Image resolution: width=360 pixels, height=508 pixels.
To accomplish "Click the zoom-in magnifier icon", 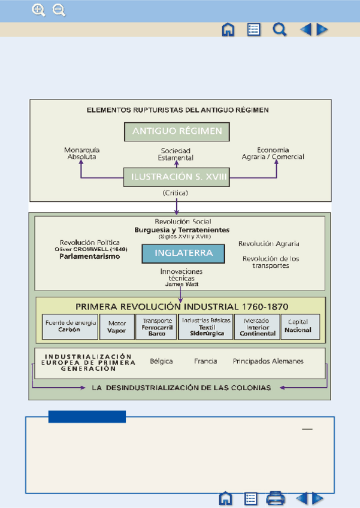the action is (x=38, y=10).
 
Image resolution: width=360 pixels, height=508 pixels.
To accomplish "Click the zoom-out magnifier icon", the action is (x=59, y=10).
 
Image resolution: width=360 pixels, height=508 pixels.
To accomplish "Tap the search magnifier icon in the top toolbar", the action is (x=279, y=30).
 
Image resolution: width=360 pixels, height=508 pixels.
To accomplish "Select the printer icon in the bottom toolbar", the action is (x=276, y=498).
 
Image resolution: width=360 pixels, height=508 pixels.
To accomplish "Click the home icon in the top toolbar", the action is (x=228, y=30).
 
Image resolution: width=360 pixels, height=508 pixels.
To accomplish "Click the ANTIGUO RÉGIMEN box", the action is (x=177, y=132).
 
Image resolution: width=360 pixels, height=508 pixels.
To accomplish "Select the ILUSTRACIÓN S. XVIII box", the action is (x=177, y=177).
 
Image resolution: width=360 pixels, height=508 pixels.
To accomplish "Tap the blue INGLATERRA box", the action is (x=183, y=253).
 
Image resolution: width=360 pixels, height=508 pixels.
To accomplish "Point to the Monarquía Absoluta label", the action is (x=81, y=153).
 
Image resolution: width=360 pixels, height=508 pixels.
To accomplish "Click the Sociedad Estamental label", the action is (x=176, y=154).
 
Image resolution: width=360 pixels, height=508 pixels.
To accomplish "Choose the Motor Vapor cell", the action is (x=117, y=327).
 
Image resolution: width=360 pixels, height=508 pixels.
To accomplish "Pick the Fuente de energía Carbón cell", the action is (x=70, y=327).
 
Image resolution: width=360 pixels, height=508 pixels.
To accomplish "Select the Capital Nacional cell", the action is (x=300, y=327).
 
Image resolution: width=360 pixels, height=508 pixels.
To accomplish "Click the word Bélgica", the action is (x=161, y=361).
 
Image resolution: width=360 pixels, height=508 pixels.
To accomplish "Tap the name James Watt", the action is (x=181, y=284).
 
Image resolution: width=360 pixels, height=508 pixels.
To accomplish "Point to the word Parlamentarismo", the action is (x=90, y=256).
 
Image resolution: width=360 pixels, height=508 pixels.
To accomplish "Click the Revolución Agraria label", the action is (x=268, y=244).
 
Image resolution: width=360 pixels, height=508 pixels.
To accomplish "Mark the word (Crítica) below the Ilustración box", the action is (x=176, y=193).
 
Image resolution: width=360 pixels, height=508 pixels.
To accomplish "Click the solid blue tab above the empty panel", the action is (x=87, y=416).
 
